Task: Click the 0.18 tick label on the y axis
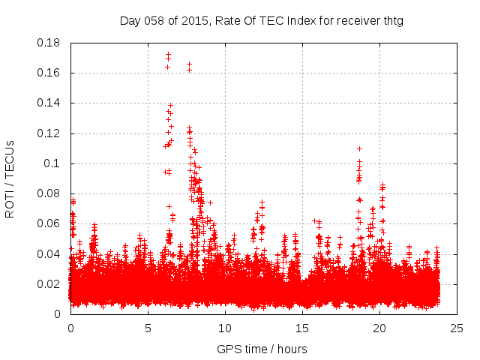coord(49,43)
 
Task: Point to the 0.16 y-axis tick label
coord(49,73)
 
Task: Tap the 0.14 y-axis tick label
coord(49,103)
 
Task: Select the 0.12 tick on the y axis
coord(49,133)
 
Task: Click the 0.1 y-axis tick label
coord(52,163)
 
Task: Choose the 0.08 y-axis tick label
coord(49,193)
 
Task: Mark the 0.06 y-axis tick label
coord(49,223)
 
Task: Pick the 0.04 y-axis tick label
coord(49,253)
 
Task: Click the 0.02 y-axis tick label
coord(49,283)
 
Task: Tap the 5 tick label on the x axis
coord(148,328)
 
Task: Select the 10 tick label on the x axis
coord(225,328)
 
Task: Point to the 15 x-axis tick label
coord(302,328)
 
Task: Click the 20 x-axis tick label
coord(379,328)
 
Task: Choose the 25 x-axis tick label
coord(457,328)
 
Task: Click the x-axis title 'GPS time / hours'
coord(262,349)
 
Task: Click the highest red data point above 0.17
coord(168,54)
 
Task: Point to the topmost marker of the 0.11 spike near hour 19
coord(359,148)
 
